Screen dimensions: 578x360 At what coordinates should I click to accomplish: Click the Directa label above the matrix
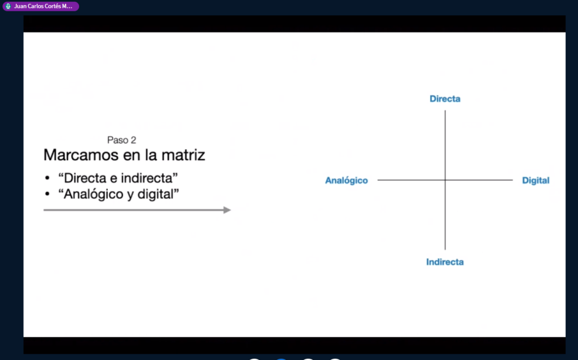[x=445, y=99]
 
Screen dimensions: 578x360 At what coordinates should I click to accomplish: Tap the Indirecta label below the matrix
[x=445, y=262]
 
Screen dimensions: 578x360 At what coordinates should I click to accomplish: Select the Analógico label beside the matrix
[x=347, y=181]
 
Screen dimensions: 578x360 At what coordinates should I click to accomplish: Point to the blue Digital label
[x=536, y=181]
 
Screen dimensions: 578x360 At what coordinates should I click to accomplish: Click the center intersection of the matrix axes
[x=445, y=180]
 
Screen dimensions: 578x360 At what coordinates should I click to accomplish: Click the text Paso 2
[x=122, y=140]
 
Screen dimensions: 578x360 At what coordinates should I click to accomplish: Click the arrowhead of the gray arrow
[x=227, y=210]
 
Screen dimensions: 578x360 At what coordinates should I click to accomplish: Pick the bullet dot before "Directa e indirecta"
[x=47, y=178]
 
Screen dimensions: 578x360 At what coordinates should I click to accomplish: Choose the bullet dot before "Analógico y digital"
[x=47, y=194]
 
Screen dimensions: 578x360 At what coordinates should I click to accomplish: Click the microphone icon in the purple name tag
[x=8, y=6]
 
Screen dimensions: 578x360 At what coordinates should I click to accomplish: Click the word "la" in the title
[x=151, y=155]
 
